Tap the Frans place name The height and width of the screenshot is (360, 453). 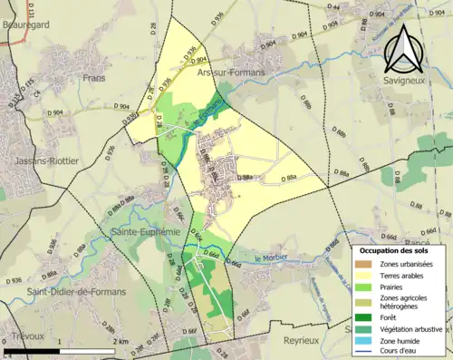point(95,79)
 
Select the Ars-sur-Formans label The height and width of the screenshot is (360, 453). point(230,70)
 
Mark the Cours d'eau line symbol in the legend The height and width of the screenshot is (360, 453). point(365,352)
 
